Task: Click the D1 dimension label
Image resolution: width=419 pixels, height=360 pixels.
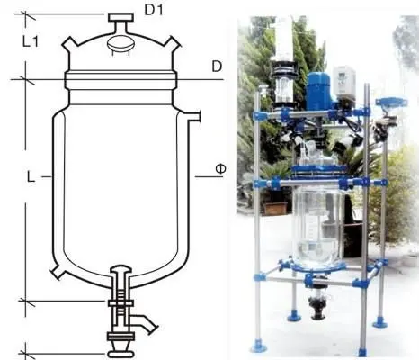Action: coord(154,10)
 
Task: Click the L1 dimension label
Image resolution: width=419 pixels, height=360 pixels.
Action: coord(31,41)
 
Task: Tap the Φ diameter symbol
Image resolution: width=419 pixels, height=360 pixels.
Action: coord(220,169)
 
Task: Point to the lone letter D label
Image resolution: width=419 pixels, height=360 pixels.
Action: coord(217,67)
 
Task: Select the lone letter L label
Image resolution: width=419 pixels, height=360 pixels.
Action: coord(31,177)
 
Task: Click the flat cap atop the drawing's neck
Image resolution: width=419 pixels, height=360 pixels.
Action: coord(120,17)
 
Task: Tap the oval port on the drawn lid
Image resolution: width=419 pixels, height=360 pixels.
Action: coord(120,44)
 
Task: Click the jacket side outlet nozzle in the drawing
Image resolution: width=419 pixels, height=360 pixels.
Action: coord(192,116)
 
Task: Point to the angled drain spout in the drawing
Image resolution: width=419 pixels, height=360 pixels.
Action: coord(144,323)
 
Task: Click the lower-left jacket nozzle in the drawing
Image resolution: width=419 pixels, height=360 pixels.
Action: coord(58,273)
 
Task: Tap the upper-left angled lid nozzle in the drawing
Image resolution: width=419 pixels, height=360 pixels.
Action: coord(70,43)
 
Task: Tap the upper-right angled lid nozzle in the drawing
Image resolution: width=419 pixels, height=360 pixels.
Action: coord(172,43)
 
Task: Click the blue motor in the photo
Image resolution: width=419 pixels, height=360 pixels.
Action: coord(318,91)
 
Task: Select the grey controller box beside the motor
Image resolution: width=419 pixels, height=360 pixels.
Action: coord(344,83)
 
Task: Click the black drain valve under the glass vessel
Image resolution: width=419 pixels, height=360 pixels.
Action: coord(318,307)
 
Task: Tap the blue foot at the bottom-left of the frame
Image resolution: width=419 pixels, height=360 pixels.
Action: coord(258,347)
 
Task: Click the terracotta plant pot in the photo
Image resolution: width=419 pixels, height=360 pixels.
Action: coord(276,209)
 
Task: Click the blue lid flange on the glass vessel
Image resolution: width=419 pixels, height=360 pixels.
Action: coord(319,170)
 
